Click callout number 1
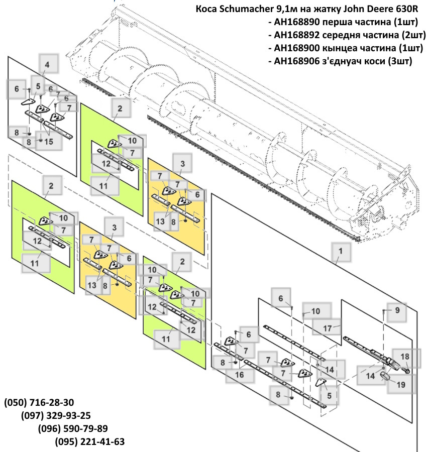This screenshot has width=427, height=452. pos(341,250)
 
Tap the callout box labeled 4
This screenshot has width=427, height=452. pos(47,65)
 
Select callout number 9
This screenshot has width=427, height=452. pos(397,310)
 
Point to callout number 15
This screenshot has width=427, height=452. pos(49,142)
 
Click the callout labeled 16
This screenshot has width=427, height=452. pos(239,374)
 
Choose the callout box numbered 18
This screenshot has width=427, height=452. pos(405,357)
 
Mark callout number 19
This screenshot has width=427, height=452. pos(401,385)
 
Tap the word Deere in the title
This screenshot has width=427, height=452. pos(370,10)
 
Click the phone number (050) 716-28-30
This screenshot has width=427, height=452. pos(39,403)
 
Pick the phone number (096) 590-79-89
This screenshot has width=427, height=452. pos(73,429)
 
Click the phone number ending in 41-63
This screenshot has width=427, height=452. pos(89,442)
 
